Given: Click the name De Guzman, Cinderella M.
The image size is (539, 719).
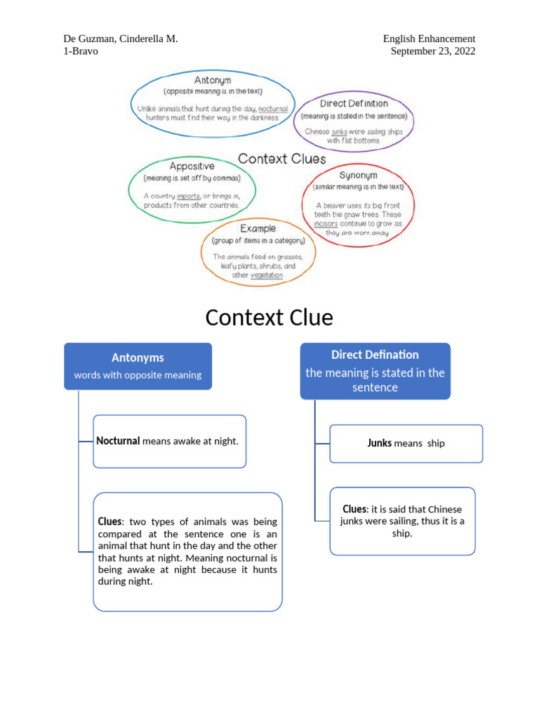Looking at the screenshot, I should coord(120,39).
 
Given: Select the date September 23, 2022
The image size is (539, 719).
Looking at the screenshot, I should coord(432,51).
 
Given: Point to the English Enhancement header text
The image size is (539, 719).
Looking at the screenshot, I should coord(429,39).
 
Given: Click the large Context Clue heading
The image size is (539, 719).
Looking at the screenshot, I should coord(269,318).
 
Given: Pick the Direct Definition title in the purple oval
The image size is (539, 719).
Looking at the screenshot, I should coord(354,103).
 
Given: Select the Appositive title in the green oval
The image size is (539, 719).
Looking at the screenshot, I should coord(192,166).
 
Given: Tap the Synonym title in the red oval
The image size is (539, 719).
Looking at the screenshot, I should coord(358,175).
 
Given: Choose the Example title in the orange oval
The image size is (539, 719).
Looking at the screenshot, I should coord(258,228).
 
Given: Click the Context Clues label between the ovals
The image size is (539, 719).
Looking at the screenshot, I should coord(281,159).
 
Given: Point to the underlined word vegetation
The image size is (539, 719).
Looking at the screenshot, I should coord(267,275).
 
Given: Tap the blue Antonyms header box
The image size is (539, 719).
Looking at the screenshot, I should coord(138,366).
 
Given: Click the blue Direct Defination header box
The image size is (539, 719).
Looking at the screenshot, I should coord(375,371).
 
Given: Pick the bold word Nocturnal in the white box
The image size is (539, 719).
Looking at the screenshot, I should coord(119,441).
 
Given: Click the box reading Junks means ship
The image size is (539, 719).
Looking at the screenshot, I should coord(406,443).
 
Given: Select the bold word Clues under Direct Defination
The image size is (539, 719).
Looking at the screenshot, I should coord(354,508).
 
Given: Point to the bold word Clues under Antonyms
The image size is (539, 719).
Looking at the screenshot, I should coord(109,522).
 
